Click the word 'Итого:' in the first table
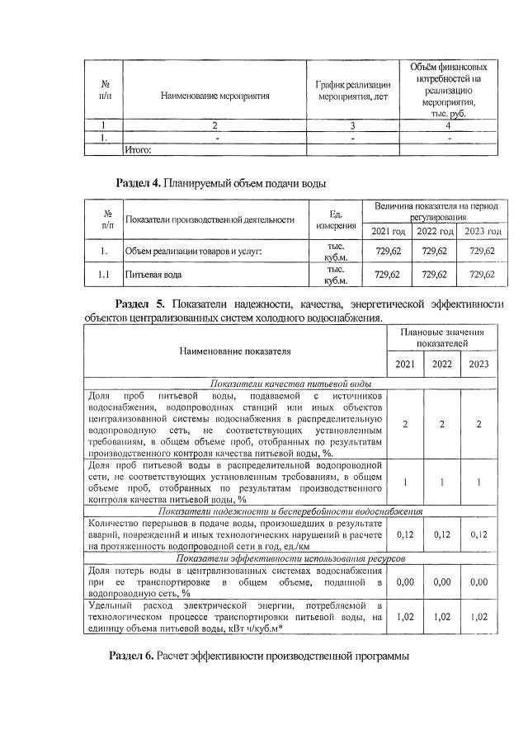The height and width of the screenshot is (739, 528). click(139, 150)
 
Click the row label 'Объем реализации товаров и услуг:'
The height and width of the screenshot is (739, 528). click(192, 251)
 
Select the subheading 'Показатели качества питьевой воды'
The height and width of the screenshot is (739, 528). click(290, 384)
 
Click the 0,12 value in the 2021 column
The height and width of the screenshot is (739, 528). click(405, 534)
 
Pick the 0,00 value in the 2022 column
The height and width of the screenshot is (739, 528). click(443, 581)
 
